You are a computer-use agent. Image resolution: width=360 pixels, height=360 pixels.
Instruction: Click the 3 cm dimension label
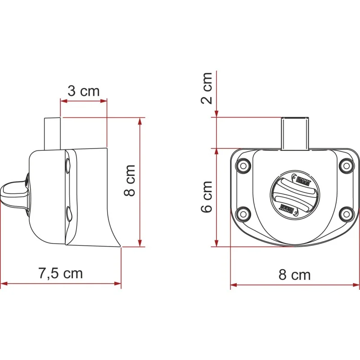(x=84, y=91)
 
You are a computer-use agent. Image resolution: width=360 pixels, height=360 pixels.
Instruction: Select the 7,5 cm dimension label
(x=60, y=274)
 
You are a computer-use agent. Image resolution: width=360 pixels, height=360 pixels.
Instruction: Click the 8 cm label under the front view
(x=295, y=274)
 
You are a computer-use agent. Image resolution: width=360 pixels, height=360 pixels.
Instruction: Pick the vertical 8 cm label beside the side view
(x=130, y=180)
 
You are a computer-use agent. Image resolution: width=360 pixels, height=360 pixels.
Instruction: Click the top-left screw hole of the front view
(x=243, y=165)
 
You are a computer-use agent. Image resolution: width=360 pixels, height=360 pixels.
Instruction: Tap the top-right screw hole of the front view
(x=346, y=165)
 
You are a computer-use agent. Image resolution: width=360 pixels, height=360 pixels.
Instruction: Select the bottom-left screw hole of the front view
(x=243, y=214)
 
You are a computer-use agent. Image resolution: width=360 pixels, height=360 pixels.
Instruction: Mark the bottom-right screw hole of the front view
(x=346, y=214)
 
